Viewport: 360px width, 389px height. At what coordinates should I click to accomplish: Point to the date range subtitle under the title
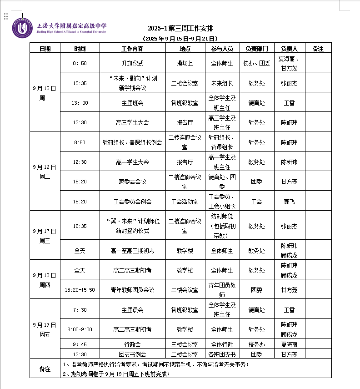click(x=180, y=39)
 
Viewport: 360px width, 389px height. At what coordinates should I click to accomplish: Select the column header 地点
click(x=185, y=48)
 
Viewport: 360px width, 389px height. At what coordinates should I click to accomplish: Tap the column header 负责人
click(x=289, y=48)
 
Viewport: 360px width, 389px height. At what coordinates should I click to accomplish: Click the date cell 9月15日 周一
click(x=45, y=92)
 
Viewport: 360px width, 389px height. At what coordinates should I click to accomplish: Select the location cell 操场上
click(x=185, y=63)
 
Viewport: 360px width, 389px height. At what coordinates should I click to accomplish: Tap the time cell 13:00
click(x=80, y=103)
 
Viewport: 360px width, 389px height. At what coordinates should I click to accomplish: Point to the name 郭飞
click(x=289, y=201)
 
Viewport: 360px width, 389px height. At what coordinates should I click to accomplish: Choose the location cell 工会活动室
click(x=185, y=201)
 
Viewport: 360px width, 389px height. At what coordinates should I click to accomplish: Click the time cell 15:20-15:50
click(x=80, y=289)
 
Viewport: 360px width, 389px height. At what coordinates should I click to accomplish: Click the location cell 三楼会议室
click(x=185, y=344)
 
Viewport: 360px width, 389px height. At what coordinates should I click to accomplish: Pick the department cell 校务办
click(x=256, y=344)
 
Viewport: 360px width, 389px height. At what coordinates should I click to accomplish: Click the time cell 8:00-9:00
click(x=80, y=329)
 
